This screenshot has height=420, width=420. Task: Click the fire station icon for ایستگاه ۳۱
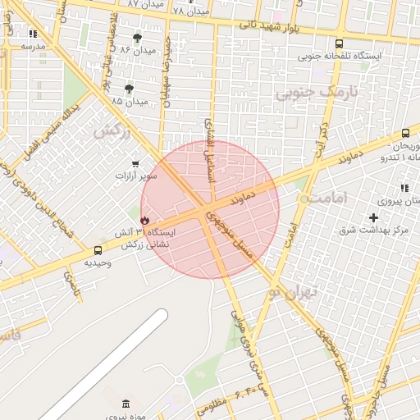click(x=144, y=221)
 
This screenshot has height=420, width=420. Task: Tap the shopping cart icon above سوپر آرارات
click(x=135, y=164)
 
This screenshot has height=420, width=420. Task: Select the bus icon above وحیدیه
click(x=98, y=250)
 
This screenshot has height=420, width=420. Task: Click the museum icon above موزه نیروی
click(x=125, y=404)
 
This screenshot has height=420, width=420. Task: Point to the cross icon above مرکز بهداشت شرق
click(x=374, y=217)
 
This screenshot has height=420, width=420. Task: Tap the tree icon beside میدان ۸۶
click(x=137, y=38)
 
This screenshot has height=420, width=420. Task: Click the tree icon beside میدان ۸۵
click(x=129, y=89)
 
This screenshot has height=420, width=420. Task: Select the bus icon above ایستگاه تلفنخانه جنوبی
click(x=339, y=43)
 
